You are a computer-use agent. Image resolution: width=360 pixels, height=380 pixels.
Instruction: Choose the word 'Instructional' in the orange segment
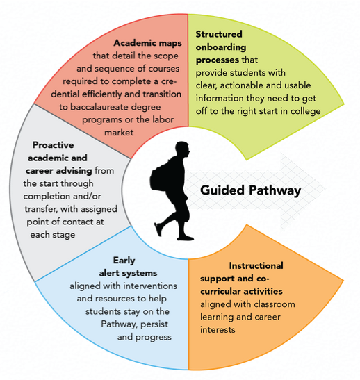256,266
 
